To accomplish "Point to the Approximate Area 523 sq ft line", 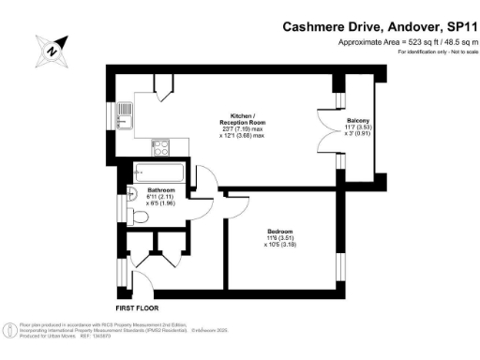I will [401, 43].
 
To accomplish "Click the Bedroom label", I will [279, 230].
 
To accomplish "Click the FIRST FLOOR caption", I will [137, 306].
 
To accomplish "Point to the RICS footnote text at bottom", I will [103, 329].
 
